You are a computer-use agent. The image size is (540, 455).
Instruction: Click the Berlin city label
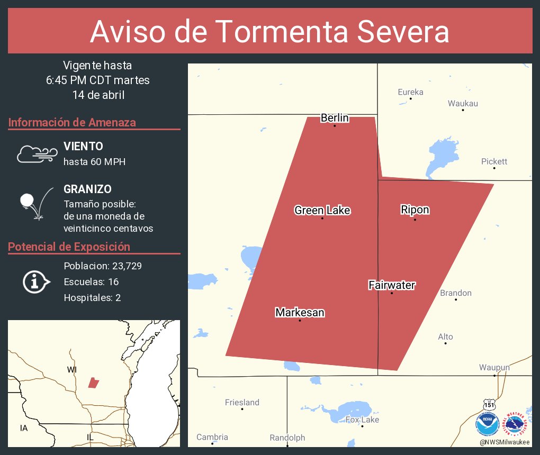(335, 118)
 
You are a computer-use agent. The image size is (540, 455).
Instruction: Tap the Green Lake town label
(322, 211)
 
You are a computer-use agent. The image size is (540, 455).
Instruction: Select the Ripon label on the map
(415, 210)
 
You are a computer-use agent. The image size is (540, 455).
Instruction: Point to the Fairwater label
(391, 286)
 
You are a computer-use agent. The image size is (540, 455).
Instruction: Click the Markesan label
(300, 313)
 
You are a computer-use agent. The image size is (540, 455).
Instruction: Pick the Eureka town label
(410, 92)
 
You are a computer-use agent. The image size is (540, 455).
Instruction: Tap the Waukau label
(463, 103)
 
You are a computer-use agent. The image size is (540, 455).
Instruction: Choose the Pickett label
(494, 161)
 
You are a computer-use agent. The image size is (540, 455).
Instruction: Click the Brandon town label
(456, 293)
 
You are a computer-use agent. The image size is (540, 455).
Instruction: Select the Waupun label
(494, 368)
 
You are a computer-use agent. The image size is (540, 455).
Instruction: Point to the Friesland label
(242, 403)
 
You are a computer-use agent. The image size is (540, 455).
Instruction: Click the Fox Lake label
(362, 420)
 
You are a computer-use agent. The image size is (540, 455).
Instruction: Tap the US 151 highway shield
(489, 405)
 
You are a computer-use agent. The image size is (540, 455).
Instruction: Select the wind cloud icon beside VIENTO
(37, 154)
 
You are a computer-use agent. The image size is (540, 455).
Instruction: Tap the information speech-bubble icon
(35, 281)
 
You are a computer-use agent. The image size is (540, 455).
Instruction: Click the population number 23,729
(120, 266)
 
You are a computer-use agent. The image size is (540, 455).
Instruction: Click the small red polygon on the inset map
(94, 383)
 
